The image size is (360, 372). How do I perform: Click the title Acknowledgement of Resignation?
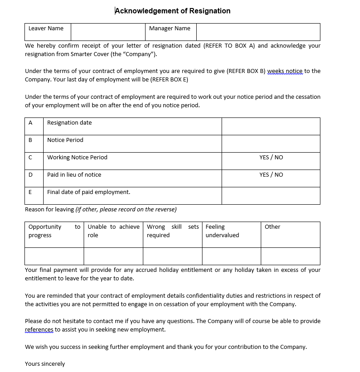[x=173, y=11]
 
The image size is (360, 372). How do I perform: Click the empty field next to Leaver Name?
[x=108, y=32]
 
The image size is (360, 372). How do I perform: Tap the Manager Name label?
[x=170, y=28]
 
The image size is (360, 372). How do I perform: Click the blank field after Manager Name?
[x=258, y=32]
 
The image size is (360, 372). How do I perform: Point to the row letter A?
[x=30, y=123]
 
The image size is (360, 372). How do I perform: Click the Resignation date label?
[x=69, y=123]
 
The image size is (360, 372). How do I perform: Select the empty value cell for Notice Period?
[x=271, y=143]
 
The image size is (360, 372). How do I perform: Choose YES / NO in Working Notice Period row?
[x=271, y=158]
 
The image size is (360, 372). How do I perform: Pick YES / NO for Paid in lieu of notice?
[x=271, y=175]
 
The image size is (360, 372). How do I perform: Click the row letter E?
[x=30, y=192]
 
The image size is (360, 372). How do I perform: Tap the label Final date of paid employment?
[x=89, y=192]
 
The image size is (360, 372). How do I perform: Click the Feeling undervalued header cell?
[x=222, y=231]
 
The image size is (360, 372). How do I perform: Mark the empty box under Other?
[x=290, y=256]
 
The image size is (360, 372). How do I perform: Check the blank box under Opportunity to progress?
[x=54, y=256]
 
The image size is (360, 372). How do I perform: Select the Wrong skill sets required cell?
[x=172, y=231]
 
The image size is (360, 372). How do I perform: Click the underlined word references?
[x=39, y=330]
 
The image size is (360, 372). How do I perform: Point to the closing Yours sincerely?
[x=45, y=364]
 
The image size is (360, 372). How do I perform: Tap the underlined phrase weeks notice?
[x=285, y=71]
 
